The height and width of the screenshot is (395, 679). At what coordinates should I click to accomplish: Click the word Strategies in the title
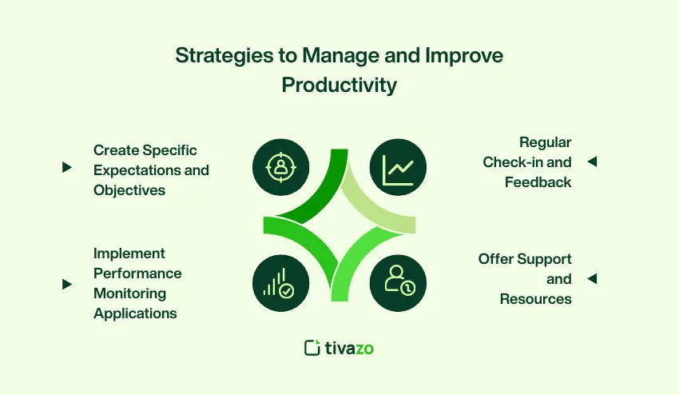pyautogui.click(x=224, y=56)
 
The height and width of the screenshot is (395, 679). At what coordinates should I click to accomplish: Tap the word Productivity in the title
pyautogui.click(x=339, y=85)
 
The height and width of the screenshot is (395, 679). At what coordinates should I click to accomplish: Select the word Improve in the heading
pyautogui.click(x=464, y=56)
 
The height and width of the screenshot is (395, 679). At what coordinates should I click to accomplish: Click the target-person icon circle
pyautogui.click(x=280, y=167)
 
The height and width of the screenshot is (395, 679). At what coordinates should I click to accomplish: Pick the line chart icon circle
pyautogui.click(x=398, y=167)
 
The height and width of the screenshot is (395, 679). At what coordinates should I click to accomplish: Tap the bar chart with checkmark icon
pyautogui.click(x=280, y=283)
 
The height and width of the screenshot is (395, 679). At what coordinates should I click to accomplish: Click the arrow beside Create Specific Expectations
pyautogui.click(x=66, y=167)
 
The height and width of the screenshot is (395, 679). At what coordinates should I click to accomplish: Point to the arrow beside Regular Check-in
pyautogui.click(x=593, y=162)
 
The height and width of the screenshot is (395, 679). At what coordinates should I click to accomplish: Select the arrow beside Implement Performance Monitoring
pyautogui.click(x=66, y=284)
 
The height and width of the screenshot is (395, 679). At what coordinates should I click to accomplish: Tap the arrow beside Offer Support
pyautogui.click(x=593, y=278)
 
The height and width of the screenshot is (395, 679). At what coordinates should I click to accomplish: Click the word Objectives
pyautogui.click(x=129, y=190)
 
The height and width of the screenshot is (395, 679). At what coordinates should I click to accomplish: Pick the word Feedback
pyautogui.click(x=538, y=182)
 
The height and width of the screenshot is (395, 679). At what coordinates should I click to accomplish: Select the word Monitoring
pyautogui.click(x=130, y=294)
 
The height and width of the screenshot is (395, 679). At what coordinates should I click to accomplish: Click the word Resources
pyautogui.click(x=536, y=299)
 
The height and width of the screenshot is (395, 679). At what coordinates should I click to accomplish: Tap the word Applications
pyautogui.click(x=135, y=313)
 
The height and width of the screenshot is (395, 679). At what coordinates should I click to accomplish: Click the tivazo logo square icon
pyautogui.click(x=312, y=348)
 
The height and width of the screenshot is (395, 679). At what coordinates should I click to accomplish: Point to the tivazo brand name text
pyautogui.click(x=349, y=349)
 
